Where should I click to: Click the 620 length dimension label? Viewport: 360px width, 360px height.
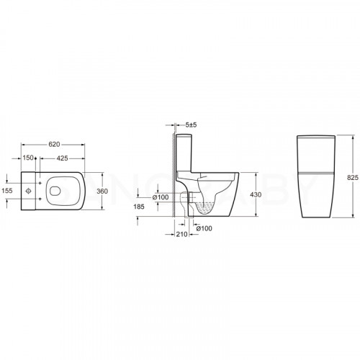point(54,144)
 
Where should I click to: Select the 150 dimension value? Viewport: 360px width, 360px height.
point(28,158)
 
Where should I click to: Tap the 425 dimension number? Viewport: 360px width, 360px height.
point(62,158)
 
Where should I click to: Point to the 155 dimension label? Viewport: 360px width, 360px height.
point(7,191)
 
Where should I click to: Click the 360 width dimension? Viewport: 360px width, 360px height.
point(102,192)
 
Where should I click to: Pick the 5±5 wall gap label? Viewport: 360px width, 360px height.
point(191,125)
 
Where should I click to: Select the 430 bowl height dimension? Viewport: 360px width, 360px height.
point(256,194)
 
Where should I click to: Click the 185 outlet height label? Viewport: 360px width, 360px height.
point(139,207)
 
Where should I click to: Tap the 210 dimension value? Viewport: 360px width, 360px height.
point(181,234)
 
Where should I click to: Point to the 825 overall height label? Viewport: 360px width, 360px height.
point(353,178)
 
